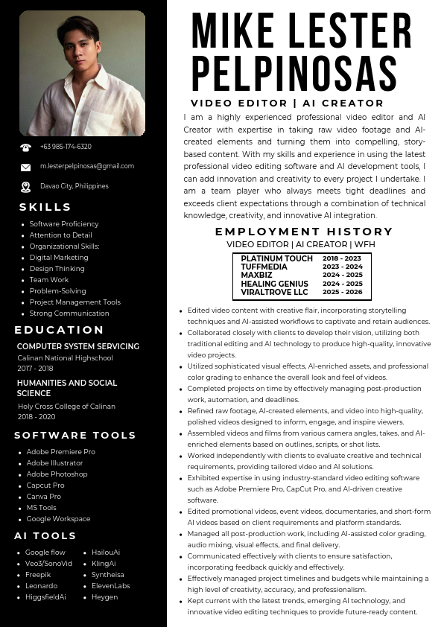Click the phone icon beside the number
(26, 147)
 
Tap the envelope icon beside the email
(26, 167)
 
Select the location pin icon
(26, 187)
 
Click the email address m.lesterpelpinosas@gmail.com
(87, 166)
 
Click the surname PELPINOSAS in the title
(294, 73)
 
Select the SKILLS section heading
(45, 207)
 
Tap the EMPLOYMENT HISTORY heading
(304, 232)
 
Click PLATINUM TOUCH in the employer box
(277, 258)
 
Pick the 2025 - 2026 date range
(343, 292)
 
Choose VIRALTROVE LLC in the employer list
(274, 292)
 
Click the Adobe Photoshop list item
(57, 474)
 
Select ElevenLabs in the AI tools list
(111, 586)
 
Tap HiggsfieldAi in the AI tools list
(45, 597)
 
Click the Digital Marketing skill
(59, 258)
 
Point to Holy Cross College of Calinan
(66, 407)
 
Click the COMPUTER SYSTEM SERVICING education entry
(78, 346)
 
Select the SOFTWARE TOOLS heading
(75, 435)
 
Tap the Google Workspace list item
(58, 519)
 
